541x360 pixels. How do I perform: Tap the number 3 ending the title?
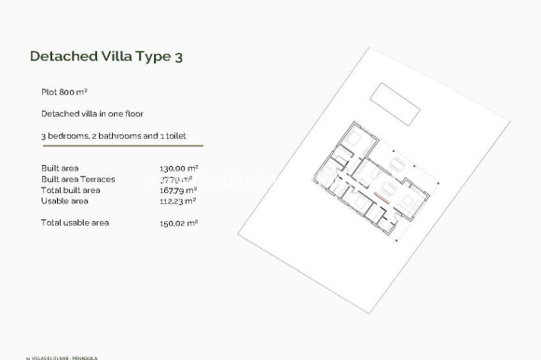click(x=177, y=56)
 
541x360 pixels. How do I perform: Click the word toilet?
click(x=174, y=136)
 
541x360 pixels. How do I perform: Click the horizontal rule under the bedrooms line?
click(x=121, y=145)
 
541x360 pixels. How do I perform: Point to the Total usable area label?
click(x=75, y=222)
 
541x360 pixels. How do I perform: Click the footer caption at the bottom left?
click(x=51, y=355)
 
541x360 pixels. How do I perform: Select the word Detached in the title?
click(x=60, y=56)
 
